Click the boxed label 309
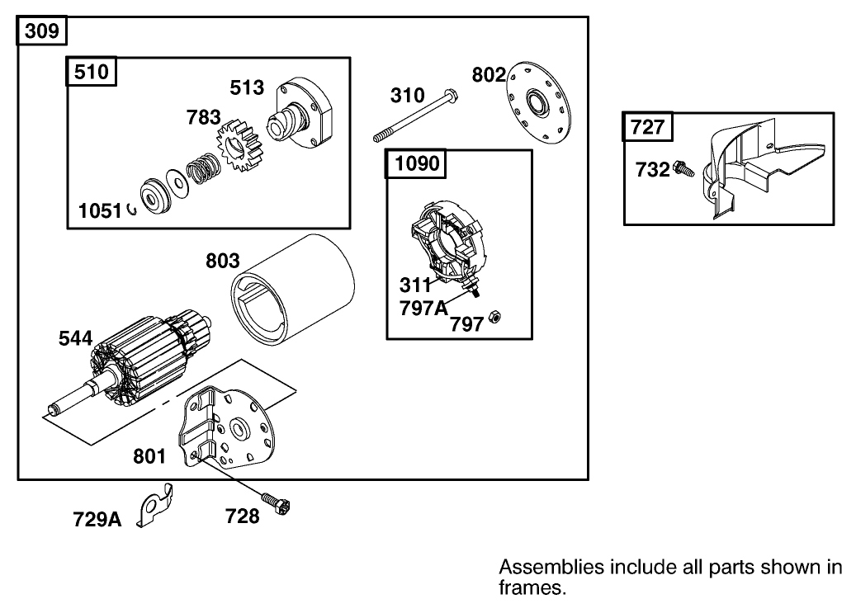pos(42,31)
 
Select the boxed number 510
pos(91,72)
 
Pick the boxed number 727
pos(647,127)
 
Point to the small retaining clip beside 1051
pos(131,211)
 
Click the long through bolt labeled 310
pos(417,116)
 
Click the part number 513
pos(247,88)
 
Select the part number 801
pos(149,455)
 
